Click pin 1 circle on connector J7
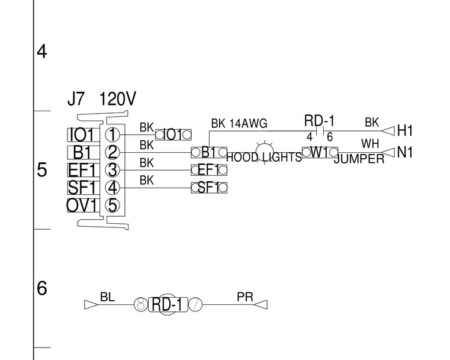[112, 134]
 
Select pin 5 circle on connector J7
[112, 205]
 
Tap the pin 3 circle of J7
[112, 170]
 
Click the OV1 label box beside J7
[83, 205]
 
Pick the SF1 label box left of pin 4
[83, 188]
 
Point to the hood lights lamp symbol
[264, 152]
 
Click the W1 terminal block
[320, 152]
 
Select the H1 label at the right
[405, 131]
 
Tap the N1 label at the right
[405, 152]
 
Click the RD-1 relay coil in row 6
[168, 304]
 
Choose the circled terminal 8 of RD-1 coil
[141, 304]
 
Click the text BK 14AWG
[239, 123]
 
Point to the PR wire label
[245, 297]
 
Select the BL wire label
[107, 297]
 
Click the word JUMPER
[359, 159]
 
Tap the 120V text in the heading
[117, 99]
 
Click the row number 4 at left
[42, 52]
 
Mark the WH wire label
[370, 143]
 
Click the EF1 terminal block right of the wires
[209, 170]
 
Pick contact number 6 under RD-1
[330, 137]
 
